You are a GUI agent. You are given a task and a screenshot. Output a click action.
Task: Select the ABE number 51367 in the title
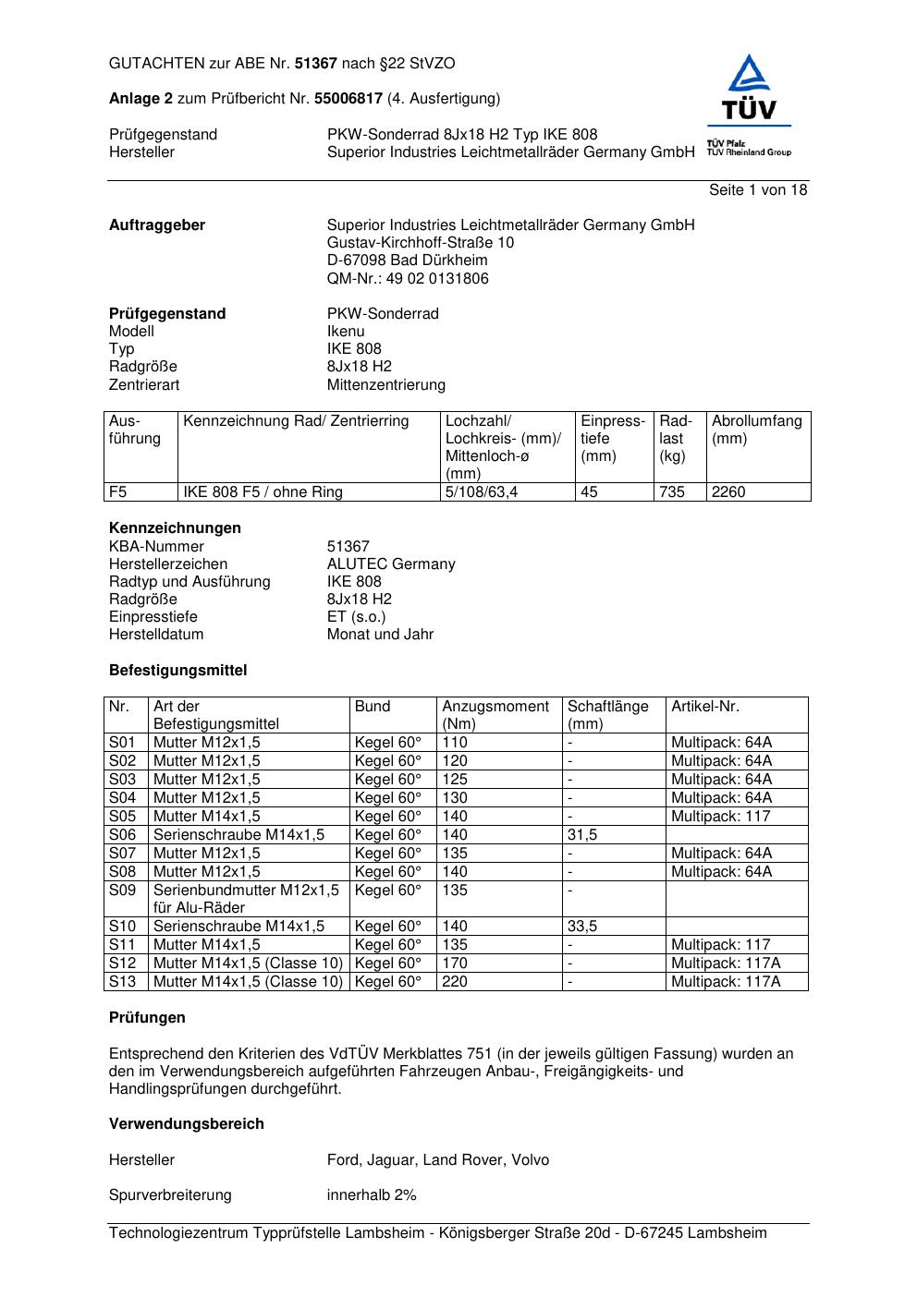pyautogui.click(x=316, y=64)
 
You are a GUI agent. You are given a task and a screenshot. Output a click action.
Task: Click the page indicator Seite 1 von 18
pyautogui.click(x=757, y=189)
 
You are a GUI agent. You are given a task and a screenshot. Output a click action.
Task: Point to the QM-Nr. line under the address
pyautogui.click(x=408, y=278)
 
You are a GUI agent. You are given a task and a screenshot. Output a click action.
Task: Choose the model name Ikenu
pyautogui.click(x=346, y=331)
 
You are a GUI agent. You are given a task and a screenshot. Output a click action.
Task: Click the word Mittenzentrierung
pyautogui.click(x=385, y=384)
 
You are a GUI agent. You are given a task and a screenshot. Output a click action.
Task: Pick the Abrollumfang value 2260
pyautogui.click(x=728, y=491)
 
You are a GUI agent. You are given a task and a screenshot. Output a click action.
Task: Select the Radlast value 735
pyautogui.click(x=672, y=491)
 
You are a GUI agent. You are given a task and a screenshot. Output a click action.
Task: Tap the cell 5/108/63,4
pyautogui.click(x=482, y=491)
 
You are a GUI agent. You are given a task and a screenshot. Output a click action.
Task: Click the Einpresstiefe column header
pyautogui.click(x=613, y=438)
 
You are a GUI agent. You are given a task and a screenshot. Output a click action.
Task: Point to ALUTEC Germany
pyautogui.click(x=391, y=564)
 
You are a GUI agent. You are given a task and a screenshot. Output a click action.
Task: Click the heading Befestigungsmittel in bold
pyautogui.click(x=177, y=670)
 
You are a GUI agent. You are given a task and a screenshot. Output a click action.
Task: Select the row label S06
pyautogui.click(x=122, y=834)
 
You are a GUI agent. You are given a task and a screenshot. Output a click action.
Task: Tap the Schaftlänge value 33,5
pyautogui.click(x=582, y=926)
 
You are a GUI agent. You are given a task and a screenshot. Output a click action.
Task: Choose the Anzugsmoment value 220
pyautogui.click(x=455, y=981)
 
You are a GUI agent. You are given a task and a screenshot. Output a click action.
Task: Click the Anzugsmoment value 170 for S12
pyautogui.click(x=455, y=963)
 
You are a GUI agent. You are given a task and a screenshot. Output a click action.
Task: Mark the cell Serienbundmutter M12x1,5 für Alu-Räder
pyautogui.click(x=246, y=898)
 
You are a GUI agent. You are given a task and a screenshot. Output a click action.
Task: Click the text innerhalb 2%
pyautogui.click(x=372, y=1194)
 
